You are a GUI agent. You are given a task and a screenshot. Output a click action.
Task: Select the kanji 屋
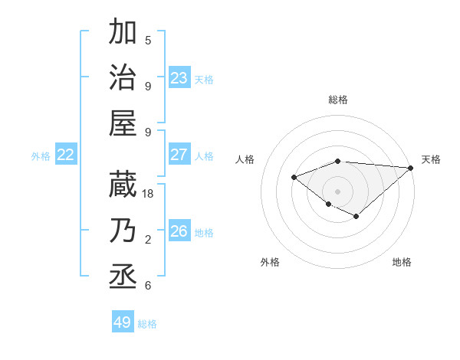pos(123,122)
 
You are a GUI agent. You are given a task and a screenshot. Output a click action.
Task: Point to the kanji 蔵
pos(123,183)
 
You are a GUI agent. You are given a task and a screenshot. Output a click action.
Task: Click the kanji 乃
pos(123,230)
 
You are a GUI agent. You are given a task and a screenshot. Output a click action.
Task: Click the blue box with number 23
pos(179,77)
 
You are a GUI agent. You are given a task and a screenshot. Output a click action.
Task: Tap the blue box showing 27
pos(179,155)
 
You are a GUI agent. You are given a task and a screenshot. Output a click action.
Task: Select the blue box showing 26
pos(179,231)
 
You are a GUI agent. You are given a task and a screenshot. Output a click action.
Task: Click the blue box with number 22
pos(66,155)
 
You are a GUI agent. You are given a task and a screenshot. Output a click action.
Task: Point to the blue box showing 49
pos(123,322)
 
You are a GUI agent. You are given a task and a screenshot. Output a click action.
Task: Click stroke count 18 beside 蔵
pos(149,194)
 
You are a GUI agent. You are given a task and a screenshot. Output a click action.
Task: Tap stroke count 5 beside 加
pos(148,40)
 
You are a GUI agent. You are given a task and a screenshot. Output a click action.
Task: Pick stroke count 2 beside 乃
pos(148,240)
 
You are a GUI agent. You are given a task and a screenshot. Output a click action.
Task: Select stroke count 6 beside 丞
pos(148,286)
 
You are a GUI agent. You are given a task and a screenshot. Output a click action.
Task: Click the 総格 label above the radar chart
pos(338,100)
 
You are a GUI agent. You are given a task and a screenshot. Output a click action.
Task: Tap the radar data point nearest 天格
pos(411,168)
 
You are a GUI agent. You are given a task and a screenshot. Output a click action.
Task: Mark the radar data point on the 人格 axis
pos(294,177)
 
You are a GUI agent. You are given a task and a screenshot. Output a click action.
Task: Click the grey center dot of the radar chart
pos(338,191)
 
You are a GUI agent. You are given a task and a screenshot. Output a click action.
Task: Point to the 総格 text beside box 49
pos(147,324)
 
